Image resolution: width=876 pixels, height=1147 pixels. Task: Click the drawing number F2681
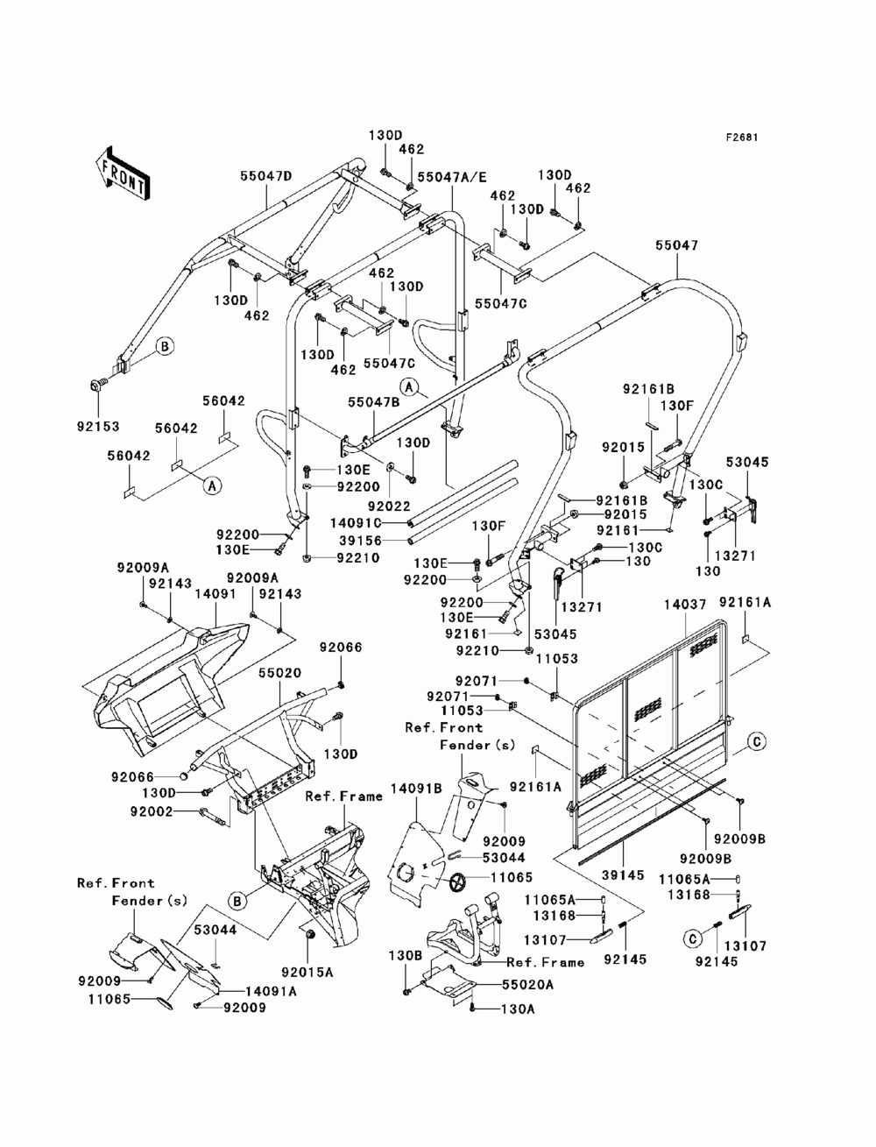tap(742, 138)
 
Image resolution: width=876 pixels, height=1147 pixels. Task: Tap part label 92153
tap(98, 427)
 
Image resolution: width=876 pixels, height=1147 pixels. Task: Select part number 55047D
tap(266, 176)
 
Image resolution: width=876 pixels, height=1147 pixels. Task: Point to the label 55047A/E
tap(452, 178)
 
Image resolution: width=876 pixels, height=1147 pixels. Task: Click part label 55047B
tap(374, 402)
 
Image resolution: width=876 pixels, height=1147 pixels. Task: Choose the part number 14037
tap(685, 605)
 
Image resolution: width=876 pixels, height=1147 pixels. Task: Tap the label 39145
tap(623, 874)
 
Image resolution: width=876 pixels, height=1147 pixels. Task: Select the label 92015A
tap(307, 973)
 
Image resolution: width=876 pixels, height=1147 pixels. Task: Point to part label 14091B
tap(417, 789)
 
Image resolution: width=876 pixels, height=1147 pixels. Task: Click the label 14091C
tap(357, 522)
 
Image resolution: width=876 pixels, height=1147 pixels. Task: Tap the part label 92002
tap(152, 811)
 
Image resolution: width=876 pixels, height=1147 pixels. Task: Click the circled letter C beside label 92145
tap(692, 939)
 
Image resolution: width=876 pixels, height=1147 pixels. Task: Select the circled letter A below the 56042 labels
tap(212, 486)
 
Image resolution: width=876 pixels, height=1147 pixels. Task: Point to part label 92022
tap(389, 506)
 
